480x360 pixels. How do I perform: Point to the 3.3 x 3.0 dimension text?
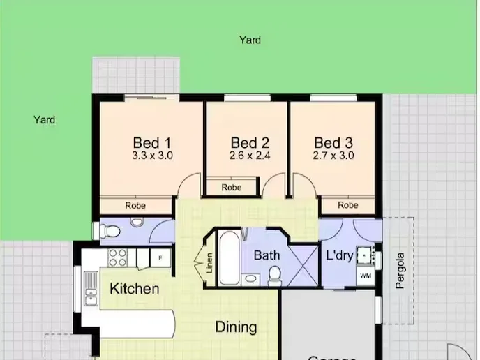pyautogui.click(x=152, y=156)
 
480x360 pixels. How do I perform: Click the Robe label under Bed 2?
pyautogui.click(x=232, y=188)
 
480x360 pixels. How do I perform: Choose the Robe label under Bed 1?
pyautogui.click(x=135, y=206)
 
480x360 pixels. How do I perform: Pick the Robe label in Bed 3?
pyautogui.click(x=347, y=205)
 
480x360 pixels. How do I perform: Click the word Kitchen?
pyautogui.click(x=135, y=288)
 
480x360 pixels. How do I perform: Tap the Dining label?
pyautogui.click(x=236, y=327)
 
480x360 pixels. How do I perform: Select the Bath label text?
pyautogui.click(x=267, y=255)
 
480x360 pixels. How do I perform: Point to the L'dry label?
pyautogui.click(x=340, y=255)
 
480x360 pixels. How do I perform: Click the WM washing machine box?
pyautogui.click(x=366, y=276)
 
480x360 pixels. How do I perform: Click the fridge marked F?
pyautogui.click(x=160, y=258)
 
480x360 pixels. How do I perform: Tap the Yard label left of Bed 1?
pyautogui.click(x=44, y=120)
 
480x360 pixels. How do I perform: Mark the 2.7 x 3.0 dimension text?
pyautogui.click(x=333, y=156)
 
